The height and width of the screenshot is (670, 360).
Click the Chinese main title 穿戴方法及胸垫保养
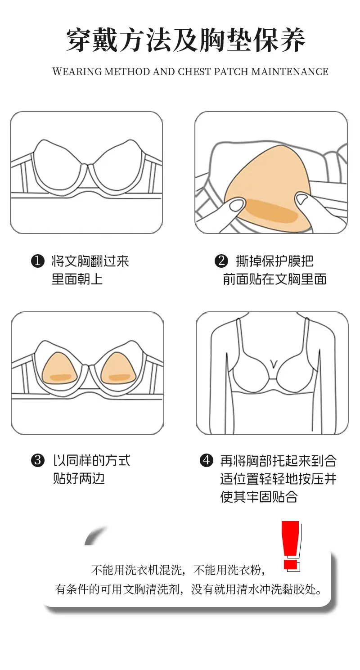[x=185, y=40]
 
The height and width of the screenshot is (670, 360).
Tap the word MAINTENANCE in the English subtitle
[x=290, y=72]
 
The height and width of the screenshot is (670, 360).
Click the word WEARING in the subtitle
[x=77, y=72]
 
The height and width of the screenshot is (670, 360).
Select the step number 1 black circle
[x=38, y=261]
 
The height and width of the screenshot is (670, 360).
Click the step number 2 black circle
[x=221, y=261]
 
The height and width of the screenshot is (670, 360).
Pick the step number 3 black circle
[x=38, y=460]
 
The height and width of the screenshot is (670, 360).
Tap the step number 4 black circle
[x=207, y=460]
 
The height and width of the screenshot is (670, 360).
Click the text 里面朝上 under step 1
[x=77, y=279]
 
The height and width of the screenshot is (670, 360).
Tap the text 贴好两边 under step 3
[x=79, y=478]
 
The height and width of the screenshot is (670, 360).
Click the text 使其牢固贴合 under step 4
[x=259, y=496]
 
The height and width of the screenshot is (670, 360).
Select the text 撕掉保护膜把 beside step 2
[x=274, y=261]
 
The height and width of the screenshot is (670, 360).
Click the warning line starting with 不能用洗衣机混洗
[x=178, y=570]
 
